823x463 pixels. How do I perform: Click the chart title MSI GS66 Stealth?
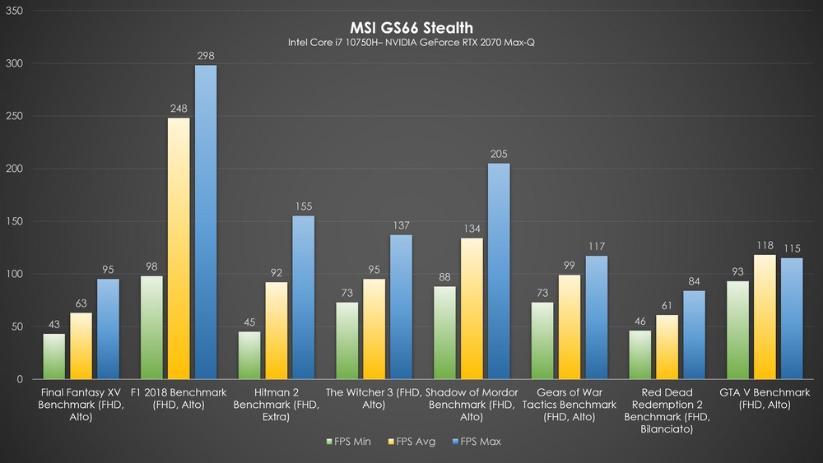(x=411, y=27)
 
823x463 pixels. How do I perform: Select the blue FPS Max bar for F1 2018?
(x=206, y=222)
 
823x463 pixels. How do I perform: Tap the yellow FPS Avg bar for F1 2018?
(x=179, y=248)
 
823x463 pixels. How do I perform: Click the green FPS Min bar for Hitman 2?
(x=249, y=355)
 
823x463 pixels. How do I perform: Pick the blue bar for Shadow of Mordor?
(x=499, y=271)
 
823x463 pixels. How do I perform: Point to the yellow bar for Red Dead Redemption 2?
(x=667, y=346)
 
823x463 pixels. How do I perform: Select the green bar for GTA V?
(x=737, y=330)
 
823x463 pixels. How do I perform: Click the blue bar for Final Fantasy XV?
(x=108, y=329)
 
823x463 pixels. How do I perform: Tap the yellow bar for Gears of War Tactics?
(x=570, y=326)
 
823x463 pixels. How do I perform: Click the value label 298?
(x=206, y=56)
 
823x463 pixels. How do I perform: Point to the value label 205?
(x=499, y=154)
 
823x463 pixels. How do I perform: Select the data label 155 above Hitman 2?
(x=304, y=206)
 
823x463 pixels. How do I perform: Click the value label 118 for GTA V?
(x=765, y=245)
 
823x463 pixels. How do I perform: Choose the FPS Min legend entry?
(x=348, y=442)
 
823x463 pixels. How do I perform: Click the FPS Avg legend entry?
(x=411, y=442)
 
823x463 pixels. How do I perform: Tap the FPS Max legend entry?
(x=477, y=442)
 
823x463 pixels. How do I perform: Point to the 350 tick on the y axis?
(x=14, y=11)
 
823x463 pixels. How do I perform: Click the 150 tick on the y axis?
(x=14, y=221)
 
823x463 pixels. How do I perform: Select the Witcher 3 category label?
(x=373, y=398)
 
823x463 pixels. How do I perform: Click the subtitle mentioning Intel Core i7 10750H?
(x=411, y=43)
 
